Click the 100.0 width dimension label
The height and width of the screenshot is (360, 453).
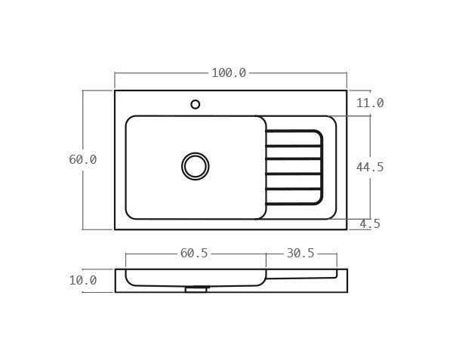click(229, 73)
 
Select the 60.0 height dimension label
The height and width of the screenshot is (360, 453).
click(83, 159)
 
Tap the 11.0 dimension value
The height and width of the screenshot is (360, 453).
click(370, 103)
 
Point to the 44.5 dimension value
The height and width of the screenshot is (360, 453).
click(370, 167)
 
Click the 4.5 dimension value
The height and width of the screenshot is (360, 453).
click(370, 223)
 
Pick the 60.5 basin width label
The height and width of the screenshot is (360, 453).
click(194, 254)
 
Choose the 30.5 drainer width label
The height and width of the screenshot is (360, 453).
click(300, 254)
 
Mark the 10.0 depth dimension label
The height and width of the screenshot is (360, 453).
click(83, 280)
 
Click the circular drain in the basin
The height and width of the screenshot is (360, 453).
click(196, 166)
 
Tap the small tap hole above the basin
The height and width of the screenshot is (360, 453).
click(196, 104)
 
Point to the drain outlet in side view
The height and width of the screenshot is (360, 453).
click(196, 288)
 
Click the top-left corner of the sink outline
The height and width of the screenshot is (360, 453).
click(116, 91)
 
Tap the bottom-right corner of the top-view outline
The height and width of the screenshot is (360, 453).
click(347, 229)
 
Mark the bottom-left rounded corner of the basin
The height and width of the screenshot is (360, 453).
click(129, 216)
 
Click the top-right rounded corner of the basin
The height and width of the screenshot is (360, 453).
click(263, 119)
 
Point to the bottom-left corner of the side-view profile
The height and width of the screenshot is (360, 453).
click(116, 292)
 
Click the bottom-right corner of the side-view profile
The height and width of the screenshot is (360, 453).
click(347, 292)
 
